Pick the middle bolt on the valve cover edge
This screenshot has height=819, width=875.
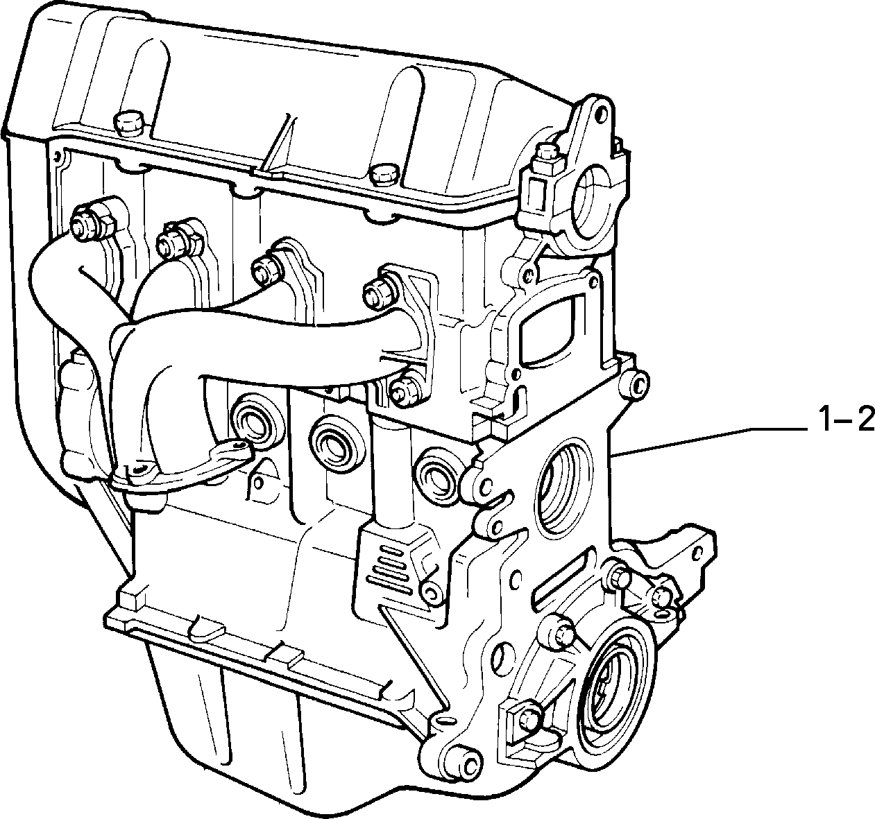(383, 174)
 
